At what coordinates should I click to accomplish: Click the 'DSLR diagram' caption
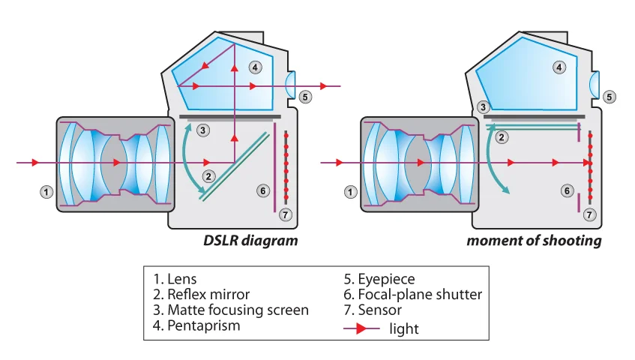250,241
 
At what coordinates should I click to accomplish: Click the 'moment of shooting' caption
533,241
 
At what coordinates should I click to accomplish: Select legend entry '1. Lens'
176,279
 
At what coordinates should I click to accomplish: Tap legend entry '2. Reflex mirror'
201,294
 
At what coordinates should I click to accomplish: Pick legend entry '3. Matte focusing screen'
228,310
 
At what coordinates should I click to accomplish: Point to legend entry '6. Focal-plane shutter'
412,294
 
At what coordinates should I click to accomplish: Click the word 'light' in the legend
404,328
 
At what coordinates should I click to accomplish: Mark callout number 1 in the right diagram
350,192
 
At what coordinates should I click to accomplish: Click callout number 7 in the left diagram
284,214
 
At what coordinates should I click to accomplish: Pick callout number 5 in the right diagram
610,97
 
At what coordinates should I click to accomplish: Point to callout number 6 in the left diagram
262,190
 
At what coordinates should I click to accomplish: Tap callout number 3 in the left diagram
201,130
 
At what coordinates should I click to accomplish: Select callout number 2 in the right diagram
503,136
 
